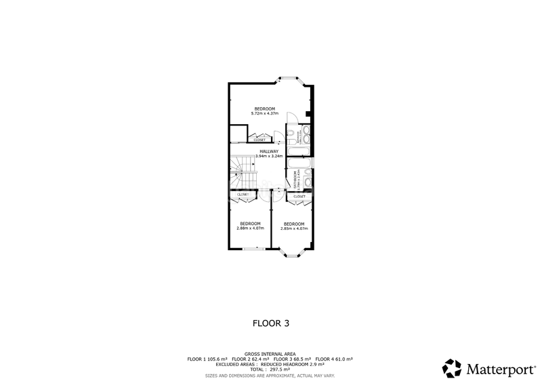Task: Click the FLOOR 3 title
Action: click(x=270, y=323)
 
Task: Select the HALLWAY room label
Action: click(x=268, y=151)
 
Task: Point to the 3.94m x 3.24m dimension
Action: click(x=268, y=157)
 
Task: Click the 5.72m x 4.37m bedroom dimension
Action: click(x=265, y=114)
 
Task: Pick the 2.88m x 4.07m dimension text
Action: click(x=249, y=228)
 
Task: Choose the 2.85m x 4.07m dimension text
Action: click(x=293, y=228)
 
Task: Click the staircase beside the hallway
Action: click(x=242, y=173)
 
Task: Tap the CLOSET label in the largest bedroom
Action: click(x=259, y=140)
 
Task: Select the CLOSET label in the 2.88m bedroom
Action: click(x=243, y=195)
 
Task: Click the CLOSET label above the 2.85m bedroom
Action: click(x=299, y=197)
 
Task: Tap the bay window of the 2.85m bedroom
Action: click(x=293, y=256)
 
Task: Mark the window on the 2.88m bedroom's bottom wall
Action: click(x=253, y=249)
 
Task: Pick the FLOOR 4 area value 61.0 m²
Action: click(x=343, y=359)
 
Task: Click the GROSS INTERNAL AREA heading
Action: click(x=270, y=354)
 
